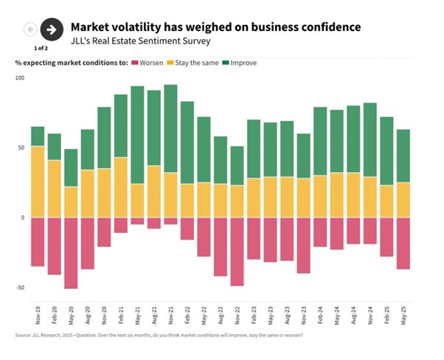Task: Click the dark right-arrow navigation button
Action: [51, 30]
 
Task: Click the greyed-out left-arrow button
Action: [30, 30]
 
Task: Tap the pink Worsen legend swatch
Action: [135, 63]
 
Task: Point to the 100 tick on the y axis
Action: [19, 78]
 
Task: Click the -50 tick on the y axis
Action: [19, 288]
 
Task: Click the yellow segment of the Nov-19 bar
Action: [38, 181]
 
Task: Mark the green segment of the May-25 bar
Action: [403, 156]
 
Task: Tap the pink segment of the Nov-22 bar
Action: [237, 252]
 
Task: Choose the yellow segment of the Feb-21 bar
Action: [121, 187]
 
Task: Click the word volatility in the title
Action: [158, 27]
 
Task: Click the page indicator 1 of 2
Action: [41, 47]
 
